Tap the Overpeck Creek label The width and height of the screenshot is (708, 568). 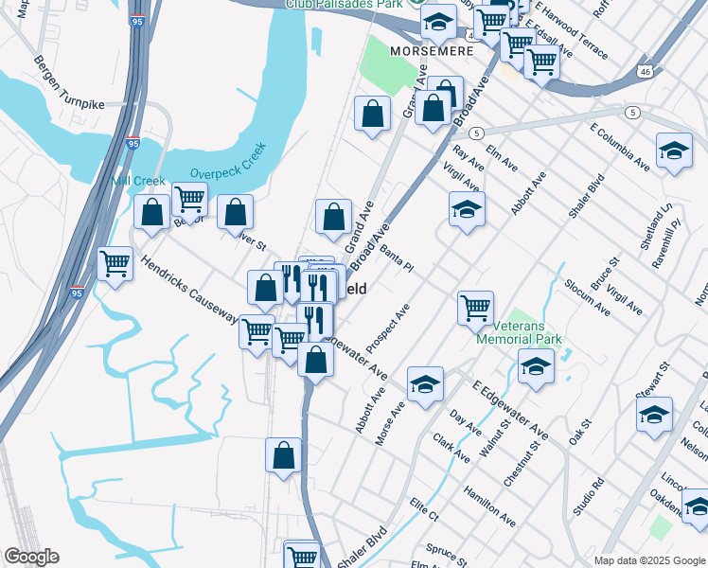pyautogui.click(x=229, y=162)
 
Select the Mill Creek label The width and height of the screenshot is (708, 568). pyautogui.click(x=138, y=180)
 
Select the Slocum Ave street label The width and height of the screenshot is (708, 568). pyautogui.click(x=586, y=295)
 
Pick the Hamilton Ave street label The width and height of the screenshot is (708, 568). pyautogui.click(x=489, y=506)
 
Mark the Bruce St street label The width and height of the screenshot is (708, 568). pyautogui.click(x=604, y=273)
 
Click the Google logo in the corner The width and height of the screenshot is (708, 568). pyautogui.click(x=31, y=557)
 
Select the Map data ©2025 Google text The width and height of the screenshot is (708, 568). pyautogui.click(x=649, y=560)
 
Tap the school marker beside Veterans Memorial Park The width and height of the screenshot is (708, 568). pyautogui.click(x=536, y=365)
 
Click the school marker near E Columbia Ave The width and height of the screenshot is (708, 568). pyautogui.click(x=674, y=151)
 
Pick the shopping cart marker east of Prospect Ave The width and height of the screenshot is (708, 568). pyautogui.click(x=475, y=307)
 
